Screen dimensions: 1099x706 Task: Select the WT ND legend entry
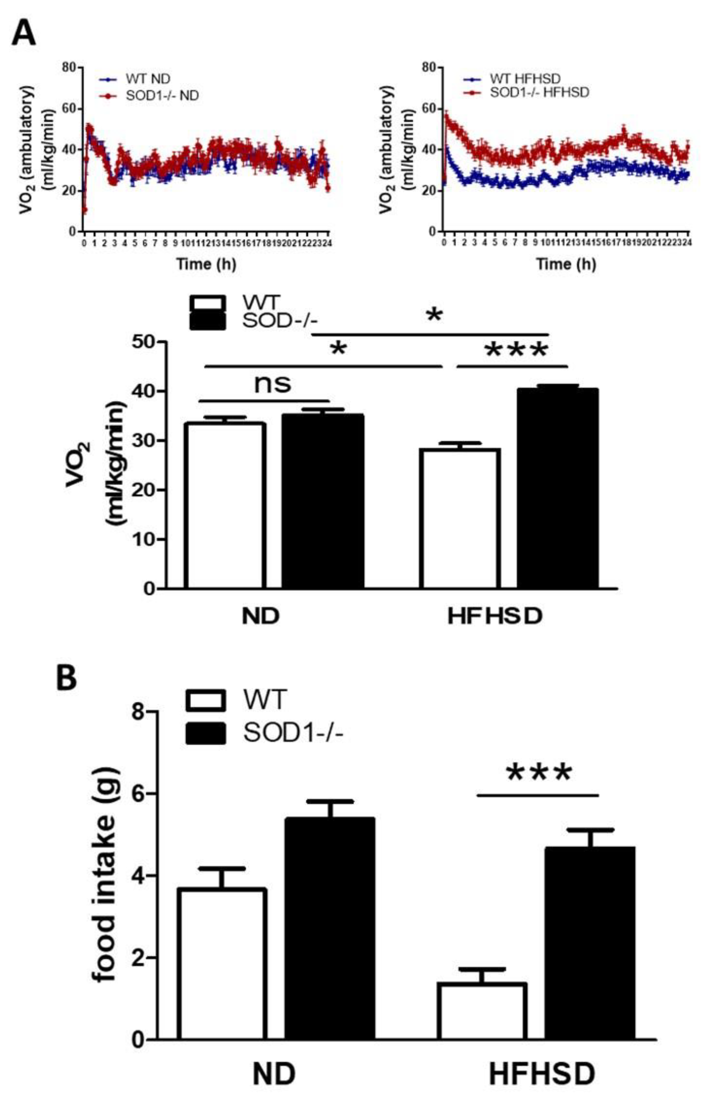(140, 79)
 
